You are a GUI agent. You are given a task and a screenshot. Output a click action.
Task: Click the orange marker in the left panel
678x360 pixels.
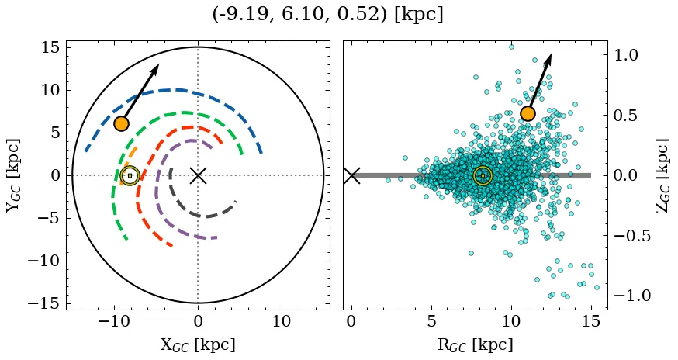click(121, 123)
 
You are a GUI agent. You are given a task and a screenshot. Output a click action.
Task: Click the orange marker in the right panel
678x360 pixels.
click(528, 113)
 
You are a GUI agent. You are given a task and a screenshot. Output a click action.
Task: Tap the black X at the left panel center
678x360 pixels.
click(198, 175)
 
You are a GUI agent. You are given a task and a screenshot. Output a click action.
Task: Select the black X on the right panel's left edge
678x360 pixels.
click(351, 175)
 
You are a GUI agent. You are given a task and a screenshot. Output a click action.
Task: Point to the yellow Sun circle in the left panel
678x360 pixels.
click(130, 175)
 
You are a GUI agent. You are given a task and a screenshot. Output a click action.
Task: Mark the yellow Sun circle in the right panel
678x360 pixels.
click(483, 175)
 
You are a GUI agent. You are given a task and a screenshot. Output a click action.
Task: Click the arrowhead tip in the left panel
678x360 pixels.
click(158, 64)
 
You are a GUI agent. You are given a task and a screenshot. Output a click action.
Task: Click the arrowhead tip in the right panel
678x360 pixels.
click(551, 54)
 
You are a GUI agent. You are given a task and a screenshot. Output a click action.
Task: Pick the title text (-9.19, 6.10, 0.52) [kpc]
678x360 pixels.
click(327, 15)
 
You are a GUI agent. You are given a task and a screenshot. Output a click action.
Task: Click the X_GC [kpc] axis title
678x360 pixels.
click(198, 344)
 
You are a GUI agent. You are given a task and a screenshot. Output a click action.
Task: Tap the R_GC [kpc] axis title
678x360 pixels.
click(476, 344)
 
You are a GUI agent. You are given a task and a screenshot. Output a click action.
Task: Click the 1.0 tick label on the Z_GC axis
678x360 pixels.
click(631, 55)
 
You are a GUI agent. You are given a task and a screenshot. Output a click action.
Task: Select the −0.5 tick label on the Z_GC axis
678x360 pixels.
click(626, 236)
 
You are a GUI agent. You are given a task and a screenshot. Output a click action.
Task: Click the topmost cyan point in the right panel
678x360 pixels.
click(511, 47)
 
